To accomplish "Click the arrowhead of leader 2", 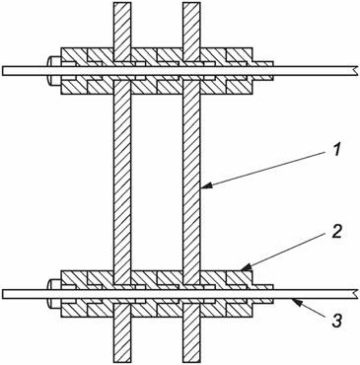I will tap(244, 270).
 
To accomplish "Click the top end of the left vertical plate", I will tap(122, 5).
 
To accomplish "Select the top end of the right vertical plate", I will tap(191, 5).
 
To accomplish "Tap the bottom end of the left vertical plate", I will tap(122, 358).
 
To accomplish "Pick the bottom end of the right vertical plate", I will tap(191, 358).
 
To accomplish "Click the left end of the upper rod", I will tap(4, 71).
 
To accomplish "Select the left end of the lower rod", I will tap(4, 293).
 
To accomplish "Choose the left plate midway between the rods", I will tap(122, 182).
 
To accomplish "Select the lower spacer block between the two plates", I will tap(157, 279).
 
